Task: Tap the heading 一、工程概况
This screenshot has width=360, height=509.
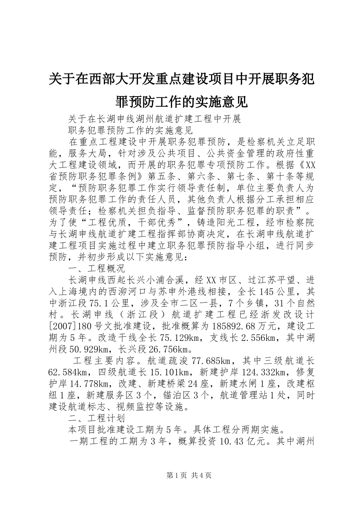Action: [x=96, y=269]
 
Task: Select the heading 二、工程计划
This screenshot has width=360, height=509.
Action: [x=96, y=418]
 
